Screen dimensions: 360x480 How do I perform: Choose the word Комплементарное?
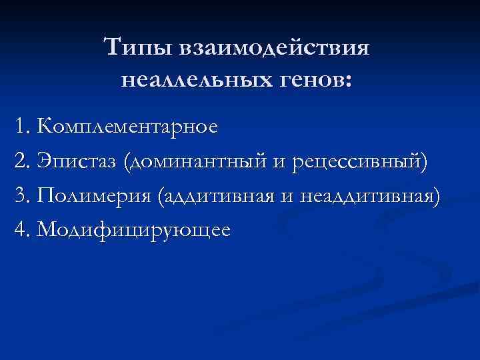[127, 127]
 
